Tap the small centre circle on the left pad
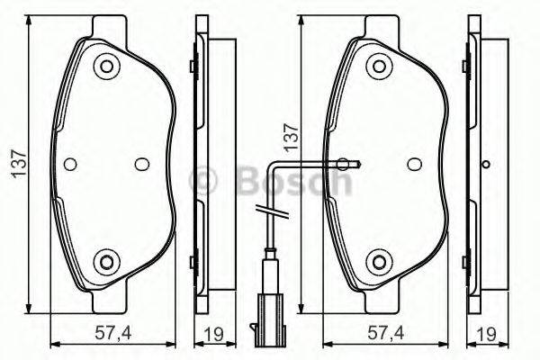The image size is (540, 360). [140, 164]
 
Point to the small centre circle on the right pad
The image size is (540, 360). [413, 164]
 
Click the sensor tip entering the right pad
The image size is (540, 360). [346, 164]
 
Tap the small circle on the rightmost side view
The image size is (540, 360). [486, 164]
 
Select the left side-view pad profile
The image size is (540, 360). [202, 164]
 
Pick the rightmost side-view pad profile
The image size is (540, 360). [475, 164]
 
